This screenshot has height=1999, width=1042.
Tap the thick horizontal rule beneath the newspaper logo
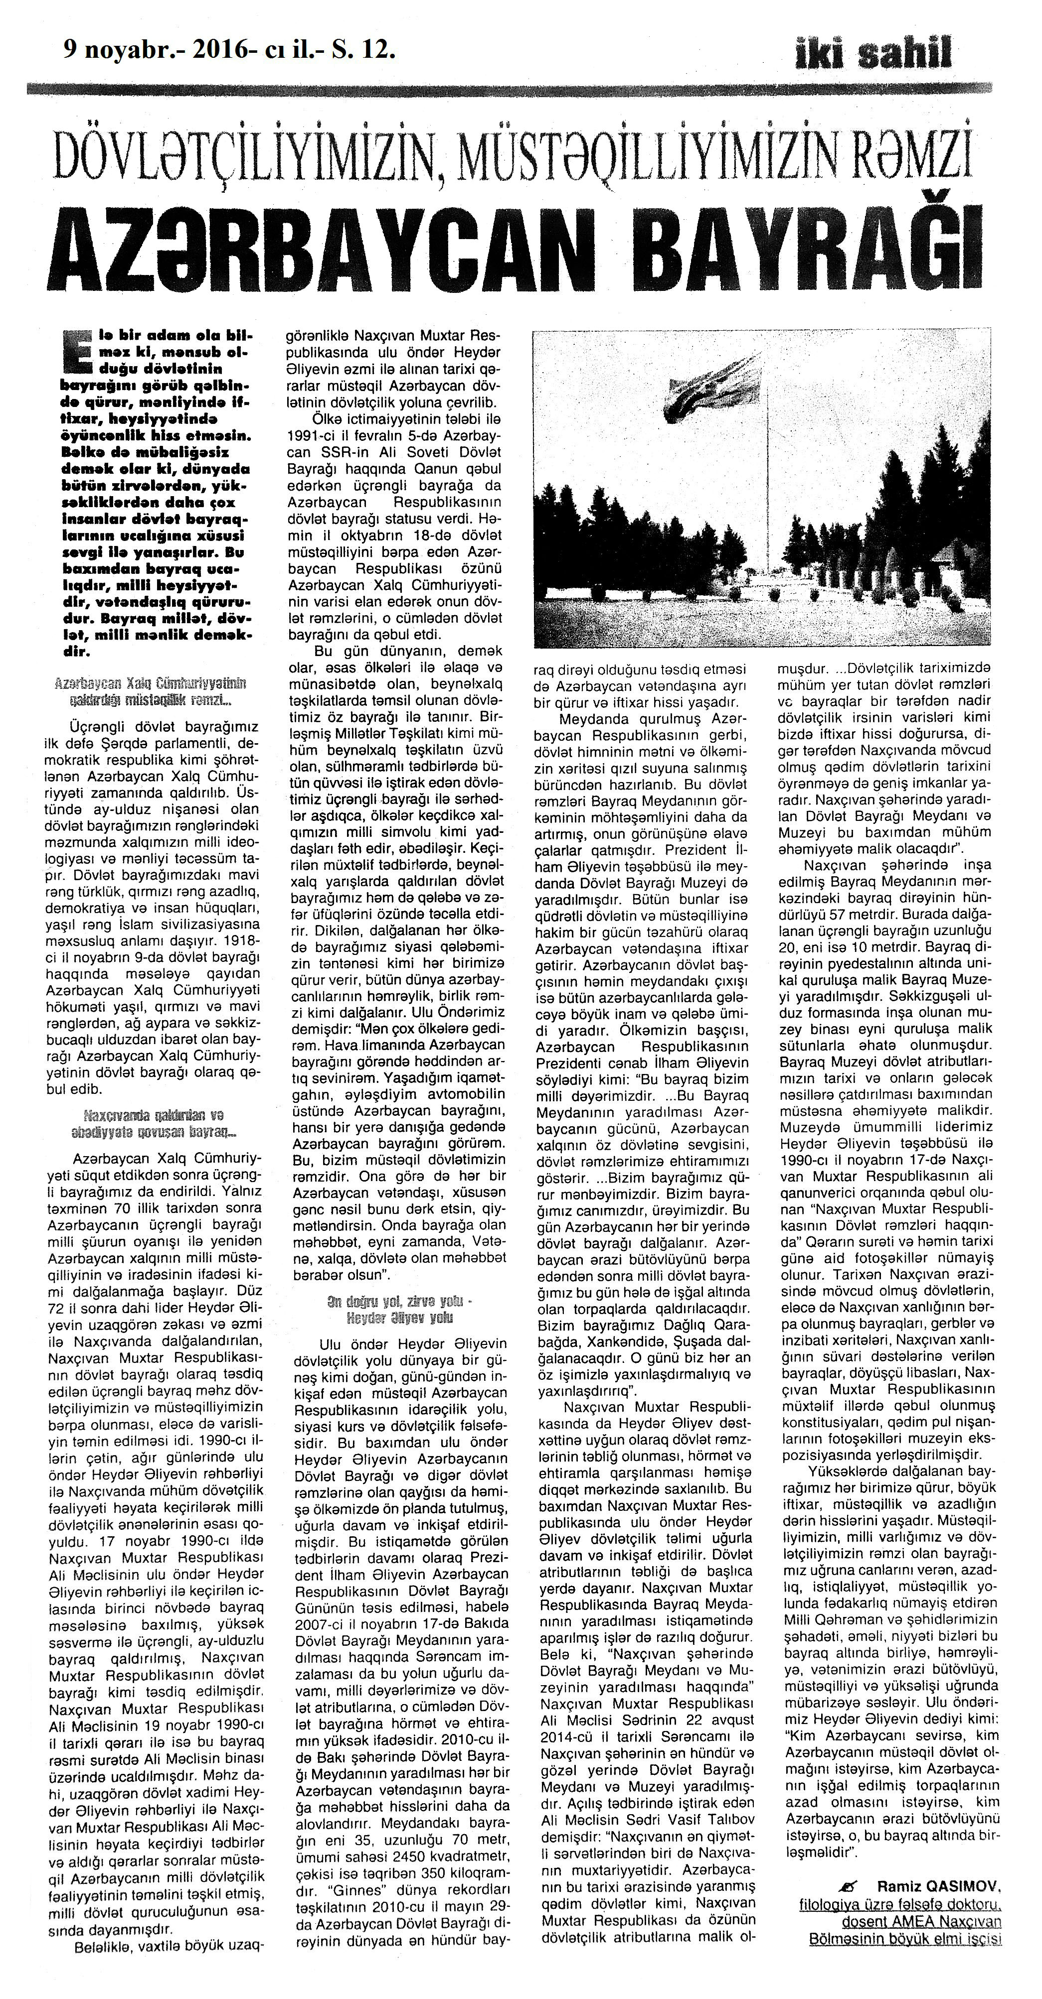(509, 89)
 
